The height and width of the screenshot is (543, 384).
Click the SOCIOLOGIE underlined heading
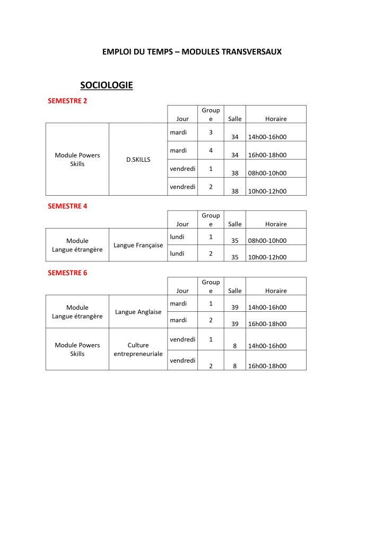pos(106,85)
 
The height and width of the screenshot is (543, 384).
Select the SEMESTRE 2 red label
pos(67,101)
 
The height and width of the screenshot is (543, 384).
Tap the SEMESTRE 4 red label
pos(67,206)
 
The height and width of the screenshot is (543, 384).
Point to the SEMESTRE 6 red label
pos(67,273)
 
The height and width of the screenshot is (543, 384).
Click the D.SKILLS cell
pos(138,160)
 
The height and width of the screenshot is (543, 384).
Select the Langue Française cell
pos(138,246)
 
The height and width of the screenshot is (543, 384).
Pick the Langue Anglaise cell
pos(138,312)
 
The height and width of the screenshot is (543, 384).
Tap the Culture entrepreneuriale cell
pos(138,349)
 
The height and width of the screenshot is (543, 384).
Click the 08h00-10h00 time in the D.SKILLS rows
pos(267,173)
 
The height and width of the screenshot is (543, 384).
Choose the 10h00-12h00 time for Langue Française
pos(267,257)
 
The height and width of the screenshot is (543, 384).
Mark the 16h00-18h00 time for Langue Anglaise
pos(267,324)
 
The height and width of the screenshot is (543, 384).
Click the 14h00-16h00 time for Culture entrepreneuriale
pos(267,346)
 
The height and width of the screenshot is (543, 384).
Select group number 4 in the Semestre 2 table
pos(211,151)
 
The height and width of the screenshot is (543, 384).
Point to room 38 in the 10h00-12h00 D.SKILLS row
pos(235,191)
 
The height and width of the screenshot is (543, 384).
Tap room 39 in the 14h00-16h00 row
pos(235,308)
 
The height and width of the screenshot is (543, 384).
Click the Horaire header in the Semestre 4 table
pos(276,224)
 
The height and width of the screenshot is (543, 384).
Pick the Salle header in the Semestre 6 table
pos(234,291)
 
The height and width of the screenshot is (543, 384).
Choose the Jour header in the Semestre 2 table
pos(182,119)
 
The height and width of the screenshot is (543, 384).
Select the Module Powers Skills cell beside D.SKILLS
pos(77,160)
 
